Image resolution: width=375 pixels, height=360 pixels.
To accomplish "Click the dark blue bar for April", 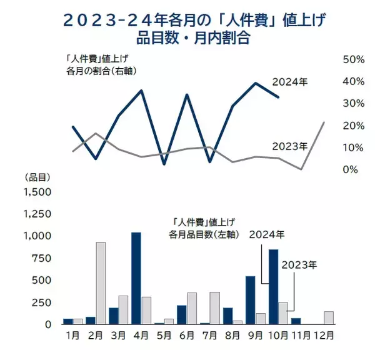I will tap(136, 278).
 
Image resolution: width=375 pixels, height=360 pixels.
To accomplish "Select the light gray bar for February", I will tap(101, 283).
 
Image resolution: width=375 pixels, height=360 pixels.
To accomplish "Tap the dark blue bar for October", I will tap(273, 287).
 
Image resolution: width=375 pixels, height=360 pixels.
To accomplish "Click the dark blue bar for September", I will tap(250, 300).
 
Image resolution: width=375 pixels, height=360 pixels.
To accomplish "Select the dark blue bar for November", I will tap(296, 321).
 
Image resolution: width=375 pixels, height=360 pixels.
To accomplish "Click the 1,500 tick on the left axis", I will tap(39, 192).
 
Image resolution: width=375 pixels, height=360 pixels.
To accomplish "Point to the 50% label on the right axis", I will tap(354, 59).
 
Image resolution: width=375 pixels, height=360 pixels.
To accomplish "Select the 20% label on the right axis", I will tap(354, 126).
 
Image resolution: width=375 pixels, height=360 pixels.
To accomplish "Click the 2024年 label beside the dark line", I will tap(289, 81).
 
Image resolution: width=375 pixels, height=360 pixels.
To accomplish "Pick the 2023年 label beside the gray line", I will tap(290, 147).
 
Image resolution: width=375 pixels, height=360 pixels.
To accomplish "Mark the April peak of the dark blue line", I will tap(141, 91).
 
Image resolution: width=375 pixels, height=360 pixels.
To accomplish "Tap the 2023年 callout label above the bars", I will tap(299, 264).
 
